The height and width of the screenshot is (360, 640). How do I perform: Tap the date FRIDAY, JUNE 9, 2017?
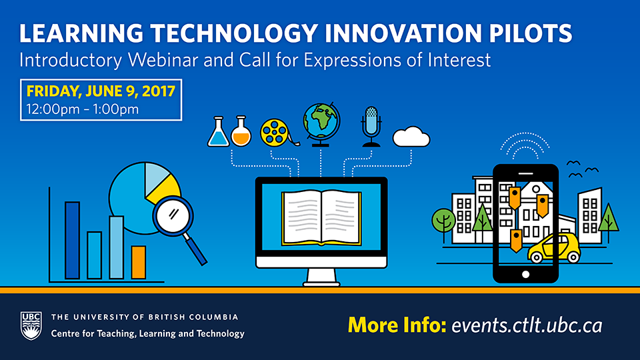[101, 91]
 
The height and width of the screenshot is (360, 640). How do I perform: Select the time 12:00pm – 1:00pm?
[83, 109]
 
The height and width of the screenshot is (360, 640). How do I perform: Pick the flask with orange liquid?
[241, 131]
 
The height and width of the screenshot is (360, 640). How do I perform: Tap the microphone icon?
[371, 127]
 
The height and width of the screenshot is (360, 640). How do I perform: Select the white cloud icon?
[411, 137]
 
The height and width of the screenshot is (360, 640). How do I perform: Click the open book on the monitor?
[321, 219]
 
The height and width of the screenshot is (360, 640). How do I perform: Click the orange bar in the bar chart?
[139, 263]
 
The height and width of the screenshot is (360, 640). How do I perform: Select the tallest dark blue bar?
[72, 241]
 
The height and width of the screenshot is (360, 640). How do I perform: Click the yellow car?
[554, 248]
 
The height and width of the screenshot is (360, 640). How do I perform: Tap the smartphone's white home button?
[526, 274]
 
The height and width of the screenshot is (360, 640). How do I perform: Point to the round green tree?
[443, 221]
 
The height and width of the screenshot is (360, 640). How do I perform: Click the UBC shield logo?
[31, 326]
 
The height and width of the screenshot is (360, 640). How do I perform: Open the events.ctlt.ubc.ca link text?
[527, 326]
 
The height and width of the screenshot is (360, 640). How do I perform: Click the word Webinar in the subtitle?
[163, 60]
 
